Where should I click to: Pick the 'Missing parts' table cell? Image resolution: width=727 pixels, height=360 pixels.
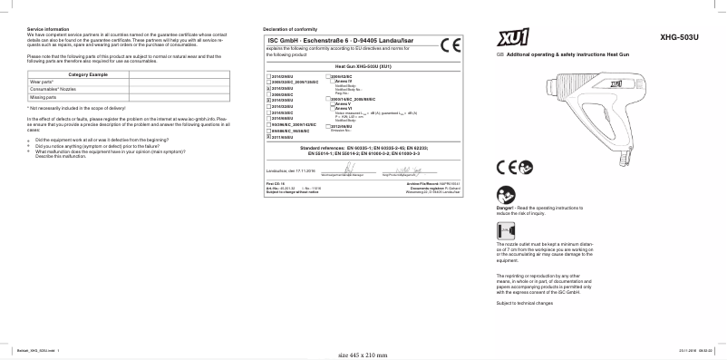tap(44, 95)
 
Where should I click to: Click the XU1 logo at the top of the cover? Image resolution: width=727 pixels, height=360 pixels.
tap(511, 39)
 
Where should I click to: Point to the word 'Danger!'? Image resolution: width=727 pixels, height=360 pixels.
tap(507, 209)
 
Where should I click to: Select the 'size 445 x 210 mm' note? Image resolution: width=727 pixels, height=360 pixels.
tap(363, 355)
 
